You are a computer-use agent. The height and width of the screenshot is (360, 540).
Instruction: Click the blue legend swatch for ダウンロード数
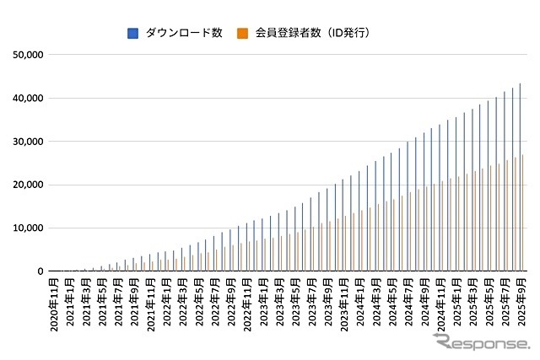point(132,33)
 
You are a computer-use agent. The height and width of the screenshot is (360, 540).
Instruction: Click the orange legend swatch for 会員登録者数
point(241,33)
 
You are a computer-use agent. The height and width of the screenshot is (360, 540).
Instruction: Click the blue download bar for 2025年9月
point(520,177)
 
